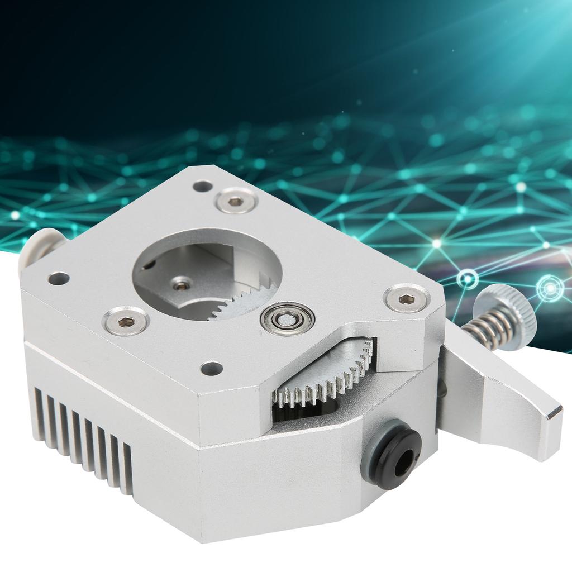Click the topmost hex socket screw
pyautogui.click(x=236, y=201)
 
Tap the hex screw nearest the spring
pyautogui.click(x=407, y=298)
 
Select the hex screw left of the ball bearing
pyautogui.click(x=126, y=321)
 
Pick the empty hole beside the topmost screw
pyautogui.click(x=202, y=185)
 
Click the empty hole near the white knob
pyautogui.click(x=59, y=278)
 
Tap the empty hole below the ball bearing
pyautogui.click(x=212, y=368)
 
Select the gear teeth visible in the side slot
pyautogui.click(x=324, y=380)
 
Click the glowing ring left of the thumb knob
pyautogui.click(x=467, y=279)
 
